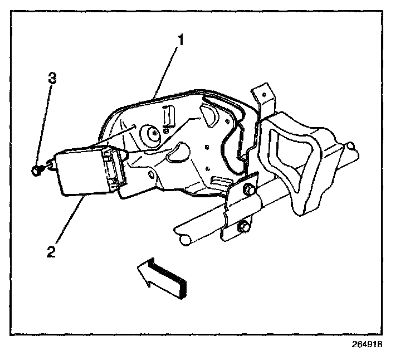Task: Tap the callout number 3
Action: click(x=52, y=79)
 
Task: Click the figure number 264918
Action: click(x=367, y=344)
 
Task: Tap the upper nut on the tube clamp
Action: click(x=246, y=192)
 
